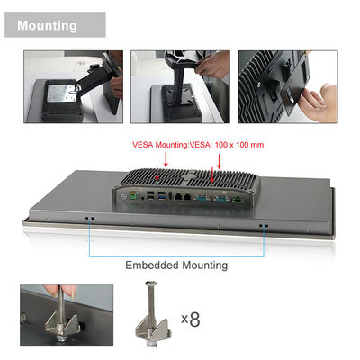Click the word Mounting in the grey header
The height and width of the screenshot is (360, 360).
47,26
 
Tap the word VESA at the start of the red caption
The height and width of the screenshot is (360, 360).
142,145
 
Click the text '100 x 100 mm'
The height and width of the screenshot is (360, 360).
239,145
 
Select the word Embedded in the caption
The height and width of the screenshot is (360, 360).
152,265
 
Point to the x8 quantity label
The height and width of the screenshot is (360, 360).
191,319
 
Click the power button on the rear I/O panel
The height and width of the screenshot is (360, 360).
125,196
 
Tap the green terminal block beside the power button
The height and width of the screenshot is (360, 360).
132,196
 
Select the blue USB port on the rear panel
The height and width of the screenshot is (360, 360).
162,198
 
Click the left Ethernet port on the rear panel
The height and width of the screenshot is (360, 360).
179,197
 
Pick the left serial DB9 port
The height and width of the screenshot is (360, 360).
202,199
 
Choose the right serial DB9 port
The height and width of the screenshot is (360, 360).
220,199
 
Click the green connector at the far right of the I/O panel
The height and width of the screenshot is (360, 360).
238,201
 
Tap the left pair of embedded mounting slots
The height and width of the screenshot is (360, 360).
89,219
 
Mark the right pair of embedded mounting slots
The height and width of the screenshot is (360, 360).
264,225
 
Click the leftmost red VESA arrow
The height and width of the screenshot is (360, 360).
157,174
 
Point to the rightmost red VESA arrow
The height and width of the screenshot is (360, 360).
219,161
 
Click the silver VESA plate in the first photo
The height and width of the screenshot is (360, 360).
61,93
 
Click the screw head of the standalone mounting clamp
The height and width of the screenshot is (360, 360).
150,283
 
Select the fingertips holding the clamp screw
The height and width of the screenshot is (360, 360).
60,292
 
